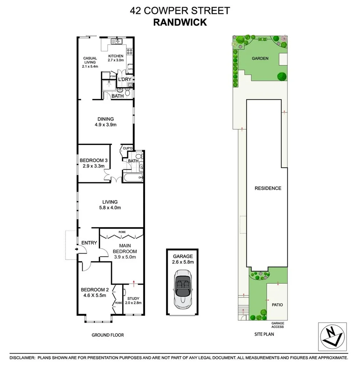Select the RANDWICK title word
[180, 22]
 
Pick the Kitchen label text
[116, 56]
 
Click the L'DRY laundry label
[125, 79]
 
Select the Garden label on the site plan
[260, 59]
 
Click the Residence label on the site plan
[268, 188]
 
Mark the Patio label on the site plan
[278, 304]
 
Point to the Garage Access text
[278, 325]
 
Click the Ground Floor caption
[107, 335]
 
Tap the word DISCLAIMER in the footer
[22, 358]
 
